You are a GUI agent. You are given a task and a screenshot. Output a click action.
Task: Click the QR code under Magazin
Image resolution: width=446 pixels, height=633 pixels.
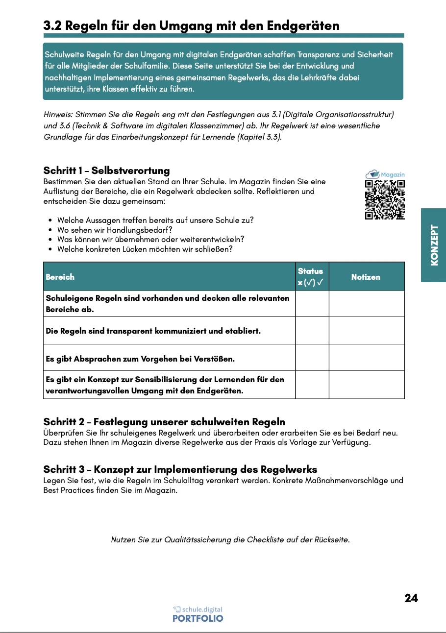tap(385, 200)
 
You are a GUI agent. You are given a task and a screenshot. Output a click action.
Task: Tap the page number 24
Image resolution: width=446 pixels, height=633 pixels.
tap(411, 598)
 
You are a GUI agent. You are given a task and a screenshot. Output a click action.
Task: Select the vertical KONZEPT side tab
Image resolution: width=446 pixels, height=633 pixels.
tap(434, 245)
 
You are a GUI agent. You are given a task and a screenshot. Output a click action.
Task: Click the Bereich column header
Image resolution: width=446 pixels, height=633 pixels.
tap(60, 277)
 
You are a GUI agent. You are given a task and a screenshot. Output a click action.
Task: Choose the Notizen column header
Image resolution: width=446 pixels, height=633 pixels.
tap(366, 277)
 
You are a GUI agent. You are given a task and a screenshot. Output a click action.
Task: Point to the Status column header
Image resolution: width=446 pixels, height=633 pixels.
tap(311, 277)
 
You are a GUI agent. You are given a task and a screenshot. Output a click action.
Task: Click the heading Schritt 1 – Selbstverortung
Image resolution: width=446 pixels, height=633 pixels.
tap(106, 170)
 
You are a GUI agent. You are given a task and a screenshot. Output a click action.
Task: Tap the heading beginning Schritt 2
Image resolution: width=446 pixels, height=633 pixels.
tap(164, 422)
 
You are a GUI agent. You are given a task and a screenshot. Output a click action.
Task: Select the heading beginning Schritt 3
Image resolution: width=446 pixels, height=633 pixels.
tap(180, 469)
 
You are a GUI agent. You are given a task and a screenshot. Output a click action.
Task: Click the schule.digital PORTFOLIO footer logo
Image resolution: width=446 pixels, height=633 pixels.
tap(198, 614)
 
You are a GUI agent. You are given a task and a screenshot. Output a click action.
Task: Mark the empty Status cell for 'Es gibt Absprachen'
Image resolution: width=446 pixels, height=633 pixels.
tap(312, 357)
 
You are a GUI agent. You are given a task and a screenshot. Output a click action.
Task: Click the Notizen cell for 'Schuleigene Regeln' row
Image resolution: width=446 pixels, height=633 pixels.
tap(366, 303)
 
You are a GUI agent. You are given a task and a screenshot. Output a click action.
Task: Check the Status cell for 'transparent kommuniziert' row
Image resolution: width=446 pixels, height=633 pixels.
tap(312, 330)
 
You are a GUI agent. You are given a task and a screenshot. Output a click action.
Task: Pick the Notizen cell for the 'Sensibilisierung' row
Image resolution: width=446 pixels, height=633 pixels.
tap(366, 385)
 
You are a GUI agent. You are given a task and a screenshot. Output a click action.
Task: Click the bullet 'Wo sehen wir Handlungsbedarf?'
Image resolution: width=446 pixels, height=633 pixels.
tap(115, 230)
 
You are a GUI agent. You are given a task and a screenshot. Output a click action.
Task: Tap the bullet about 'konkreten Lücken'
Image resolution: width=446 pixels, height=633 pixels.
tap(145, 249)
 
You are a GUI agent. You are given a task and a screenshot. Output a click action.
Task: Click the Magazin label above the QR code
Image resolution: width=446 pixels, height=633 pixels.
tap(392, 174)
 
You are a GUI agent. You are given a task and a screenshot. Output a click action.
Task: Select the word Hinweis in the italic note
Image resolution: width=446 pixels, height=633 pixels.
tap(57, 114)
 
